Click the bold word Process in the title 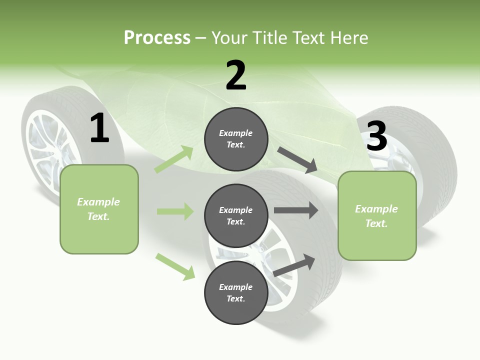(157, 38)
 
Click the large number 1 (99, 128)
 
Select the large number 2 (236, 75)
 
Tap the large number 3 (377, 136)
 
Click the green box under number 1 (99, 209)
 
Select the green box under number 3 (377, 215)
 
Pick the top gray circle (236, 139)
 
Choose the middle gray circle (236, 215)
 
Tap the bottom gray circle (236, 292)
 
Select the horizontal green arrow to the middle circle (175, 211)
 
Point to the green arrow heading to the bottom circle (175, 266)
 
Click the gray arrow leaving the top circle (297, 160)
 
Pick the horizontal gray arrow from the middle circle (295, 210)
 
